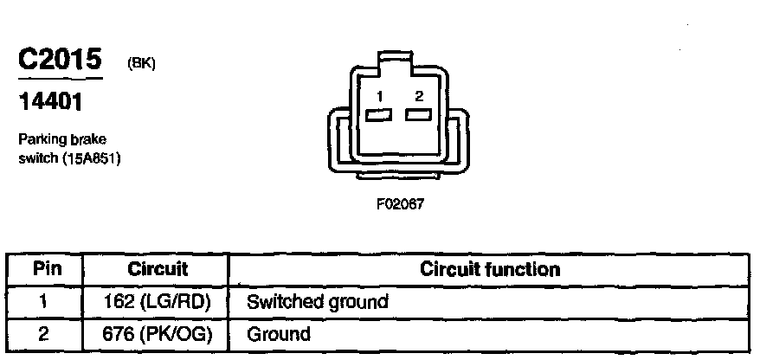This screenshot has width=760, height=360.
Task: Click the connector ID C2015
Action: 59,61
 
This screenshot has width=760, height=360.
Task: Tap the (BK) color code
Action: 140,64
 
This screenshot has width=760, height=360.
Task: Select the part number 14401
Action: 50,104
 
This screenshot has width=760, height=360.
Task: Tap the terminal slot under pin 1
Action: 377,115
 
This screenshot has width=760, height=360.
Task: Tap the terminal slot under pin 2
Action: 419,115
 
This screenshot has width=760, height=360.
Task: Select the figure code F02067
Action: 400,206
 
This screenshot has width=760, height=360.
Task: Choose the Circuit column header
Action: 158,269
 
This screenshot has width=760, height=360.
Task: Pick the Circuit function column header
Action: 489,269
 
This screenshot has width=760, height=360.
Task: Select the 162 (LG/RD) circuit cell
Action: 158,302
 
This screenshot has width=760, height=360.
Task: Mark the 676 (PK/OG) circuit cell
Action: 158,333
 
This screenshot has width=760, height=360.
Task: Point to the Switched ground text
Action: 318,302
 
